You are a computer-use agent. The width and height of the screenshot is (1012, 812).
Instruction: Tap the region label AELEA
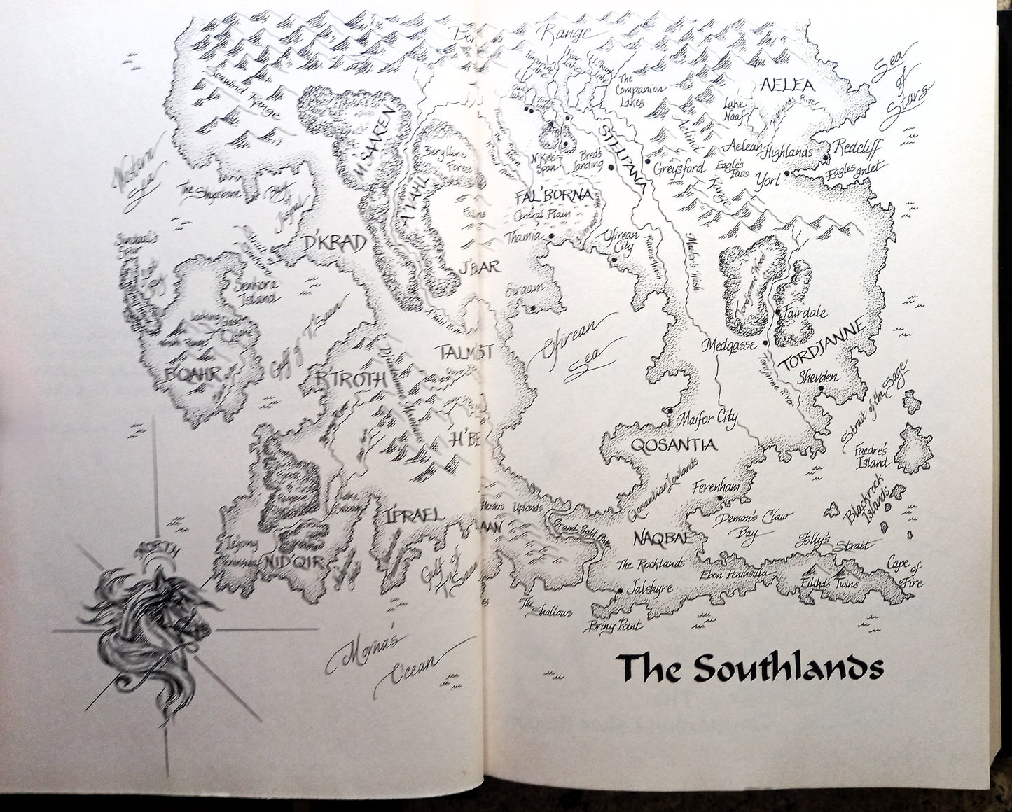pos(786,86)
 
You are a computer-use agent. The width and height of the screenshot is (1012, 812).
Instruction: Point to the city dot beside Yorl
pos(787,173)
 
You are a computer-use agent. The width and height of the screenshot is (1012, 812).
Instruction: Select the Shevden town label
pos(820,377)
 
